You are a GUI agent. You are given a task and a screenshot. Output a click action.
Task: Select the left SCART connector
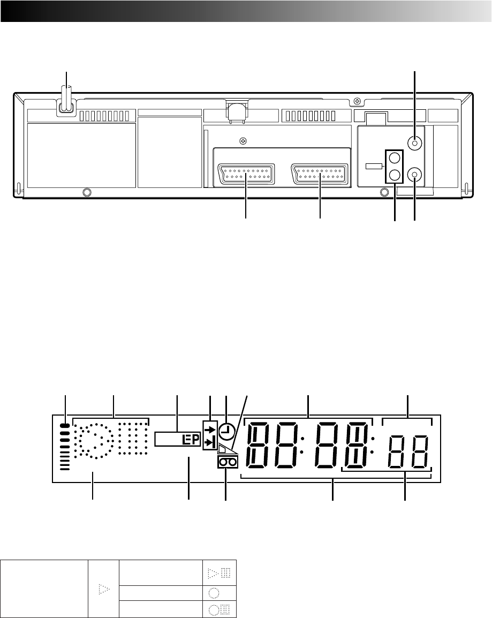(x=246, y=174)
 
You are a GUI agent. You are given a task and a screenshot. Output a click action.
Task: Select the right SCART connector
(x=320, y=174)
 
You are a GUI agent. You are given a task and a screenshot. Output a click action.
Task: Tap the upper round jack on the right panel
(x=414, y=142)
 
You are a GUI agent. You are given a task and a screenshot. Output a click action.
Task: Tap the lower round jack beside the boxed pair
(x=414, y=174)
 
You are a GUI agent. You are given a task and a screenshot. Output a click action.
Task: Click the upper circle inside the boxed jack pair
(x=395, y=158)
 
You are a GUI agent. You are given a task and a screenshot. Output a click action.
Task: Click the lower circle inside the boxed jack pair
(x=395, y=174)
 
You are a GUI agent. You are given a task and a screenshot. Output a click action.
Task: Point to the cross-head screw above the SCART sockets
(x=244, y=140)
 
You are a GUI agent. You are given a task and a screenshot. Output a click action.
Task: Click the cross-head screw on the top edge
(x=357, y=101)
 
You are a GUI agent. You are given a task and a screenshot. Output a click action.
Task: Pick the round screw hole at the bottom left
(x=87, y=192)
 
